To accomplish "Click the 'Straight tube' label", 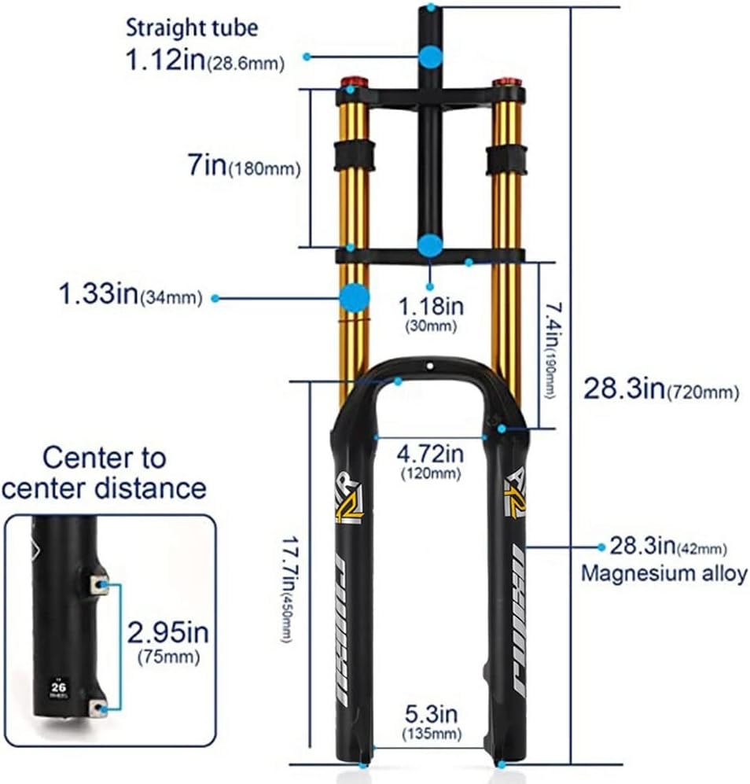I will click(191, 29).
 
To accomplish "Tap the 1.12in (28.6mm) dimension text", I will click(204, 60).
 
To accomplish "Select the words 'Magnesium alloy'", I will click(664, 573).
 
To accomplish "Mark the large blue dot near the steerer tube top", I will click(430, 57).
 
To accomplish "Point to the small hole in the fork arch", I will click(429, 366).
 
